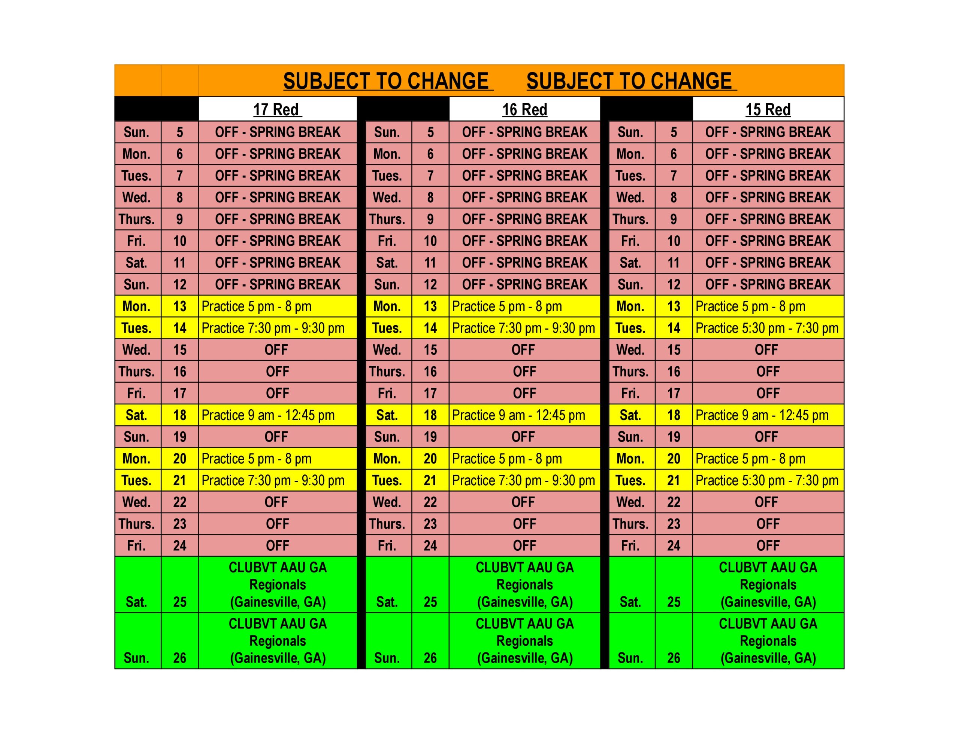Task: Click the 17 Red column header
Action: pos(278,109)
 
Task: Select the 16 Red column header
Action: pos(524,109)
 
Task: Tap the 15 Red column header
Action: pos(768,109)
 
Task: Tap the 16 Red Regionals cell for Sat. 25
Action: pos(524,584)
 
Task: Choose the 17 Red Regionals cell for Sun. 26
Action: pos(278,640)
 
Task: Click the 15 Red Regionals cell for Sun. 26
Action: pos(768,640)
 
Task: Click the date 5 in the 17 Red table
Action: pos(179,132)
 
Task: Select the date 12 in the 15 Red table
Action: pos(673,285)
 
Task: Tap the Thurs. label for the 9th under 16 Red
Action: pos(387,219)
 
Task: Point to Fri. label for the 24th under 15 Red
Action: pos(630,546)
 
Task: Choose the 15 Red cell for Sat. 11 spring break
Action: pos(768,263)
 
